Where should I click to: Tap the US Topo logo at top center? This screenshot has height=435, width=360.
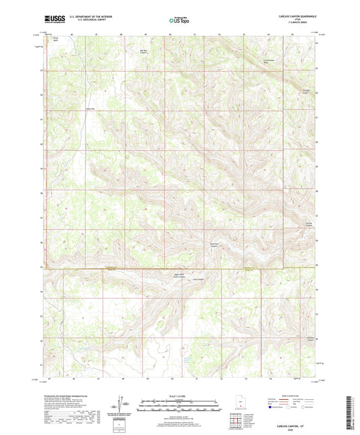pyautogui.click(x=179, y=21)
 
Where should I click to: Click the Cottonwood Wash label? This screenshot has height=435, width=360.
pyautogui.click(x=269, y=61)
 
